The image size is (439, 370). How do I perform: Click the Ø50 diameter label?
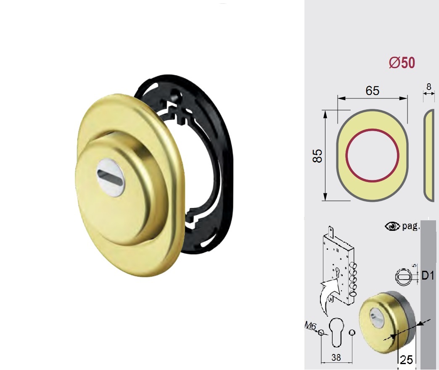pyautogui.click(x=402, y=63)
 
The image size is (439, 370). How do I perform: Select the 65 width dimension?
pyautogui.click(x=373, y=91)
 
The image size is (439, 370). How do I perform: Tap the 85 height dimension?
pyautogui.click(x=317, y=156)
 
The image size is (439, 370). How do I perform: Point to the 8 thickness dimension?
pyautogui.click(x=428, y=87)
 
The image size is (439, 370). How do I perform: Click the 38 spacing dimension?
pyautogui.click(x=336, y=357)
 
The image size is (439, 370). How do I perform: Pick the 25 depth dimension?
pyautogui.click(x=406, y=360)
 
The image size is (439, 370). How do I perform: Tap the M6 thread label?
pyautogui.click(x=310, y=326)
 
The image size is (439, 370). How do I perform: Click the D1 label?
pyautogui.click(x=428, y=276)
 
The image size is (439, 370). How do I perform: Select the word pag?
pyautogui.click(x=411, y=226)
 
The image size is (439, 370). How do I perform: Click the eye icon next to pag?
pyautogui.click(x=392, y=226)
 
